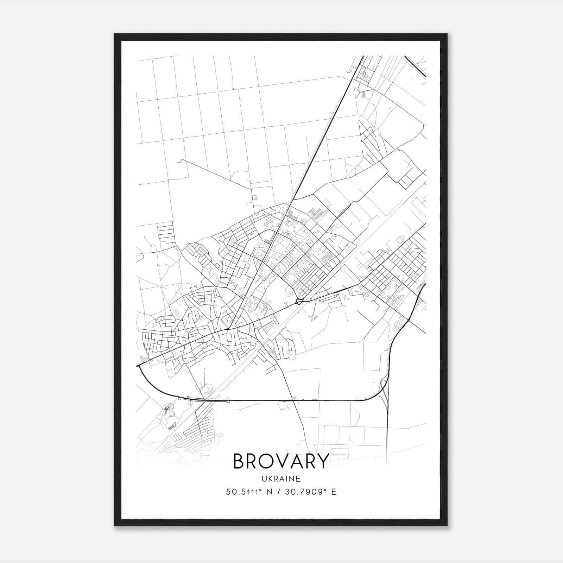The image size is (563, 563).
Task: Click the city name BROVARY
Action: (281, 461)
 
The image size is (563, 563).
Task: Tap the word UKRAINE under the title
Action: (281, 479)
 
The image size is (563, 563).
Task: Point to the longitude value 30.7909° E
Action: (309, 492)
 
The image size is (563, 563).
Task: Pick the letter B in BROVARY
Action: (239, 461)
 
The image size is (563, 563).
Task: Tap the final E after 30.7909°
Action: (334, 492)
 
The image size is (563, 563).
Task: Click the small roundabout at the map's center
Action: (299, 301)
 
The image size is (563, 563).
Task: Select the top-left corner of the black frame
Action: (115, 34)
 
